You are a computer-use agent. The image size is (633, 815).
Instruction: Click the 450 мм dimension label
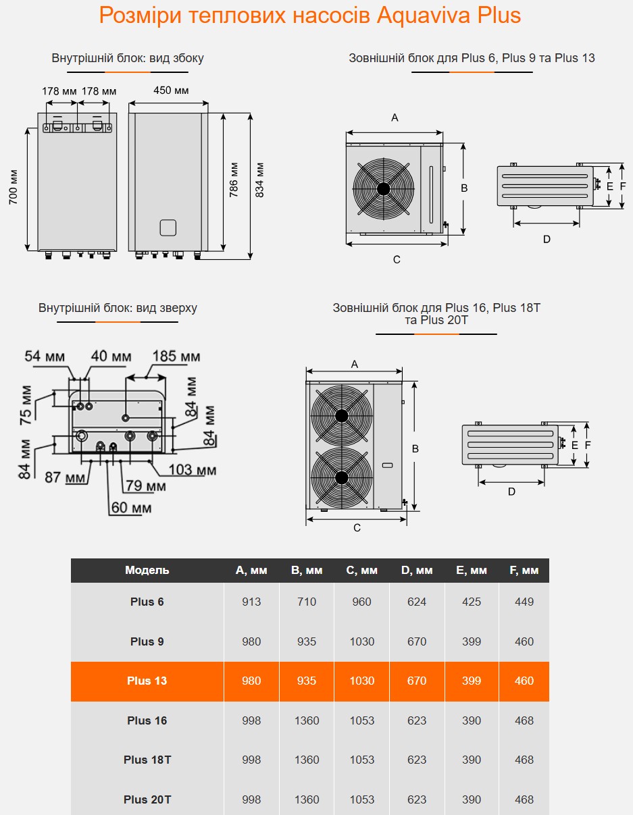171,90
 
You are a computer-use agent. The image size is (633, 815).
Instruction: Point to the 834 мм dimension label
260,180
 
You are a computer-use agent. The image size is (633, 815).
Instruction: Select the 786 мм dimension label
234,180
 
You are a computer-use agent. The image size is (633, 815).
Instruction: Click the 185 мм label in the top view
176,356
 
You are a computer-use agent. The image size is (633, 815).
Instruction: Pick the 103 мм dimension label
193,469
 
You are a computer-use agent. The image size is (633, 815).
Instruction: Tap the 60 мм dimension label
131,507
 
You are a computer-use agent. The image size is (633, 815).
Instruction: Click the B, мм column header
307,570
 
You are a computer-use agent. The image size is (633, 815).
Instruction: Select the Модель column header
147,570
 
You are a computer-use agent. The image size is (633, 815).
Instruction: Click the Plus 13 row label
147,681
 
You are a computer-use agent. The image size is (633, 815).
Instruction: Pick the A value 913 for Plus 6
251,602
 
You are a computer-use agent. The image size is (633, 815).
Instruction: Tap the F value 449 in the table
524,602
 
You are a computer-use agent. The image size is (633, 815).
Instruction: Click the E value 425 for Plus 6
472,602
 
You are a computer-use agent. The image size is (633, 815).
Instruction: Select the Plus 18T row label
147,760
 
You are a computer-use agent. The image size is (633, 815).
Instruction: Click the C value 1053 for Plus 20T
361,799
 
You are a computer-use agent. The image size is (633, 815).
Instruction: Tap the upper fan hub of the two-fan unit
342,415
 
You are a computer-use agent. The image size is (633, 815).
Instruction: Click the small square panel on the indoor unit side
168,228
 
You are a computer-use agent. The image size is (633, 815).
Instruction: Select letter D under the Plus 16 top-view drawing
511,492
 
